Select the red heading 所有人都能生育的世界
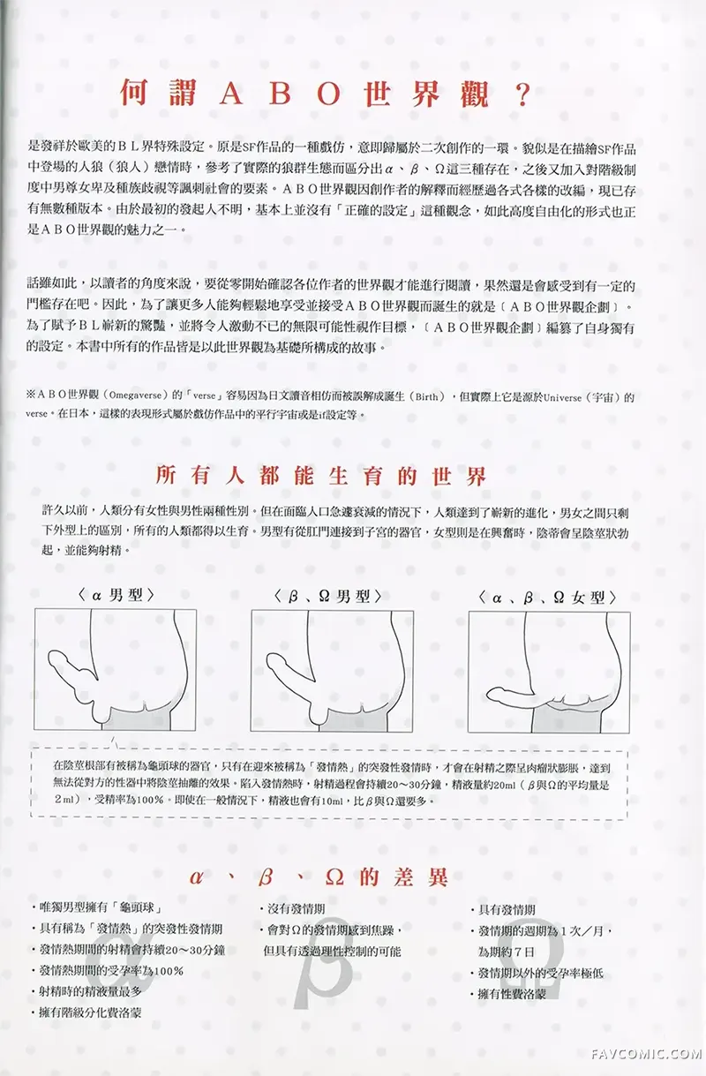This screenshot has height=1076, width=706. pos(320,478)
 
